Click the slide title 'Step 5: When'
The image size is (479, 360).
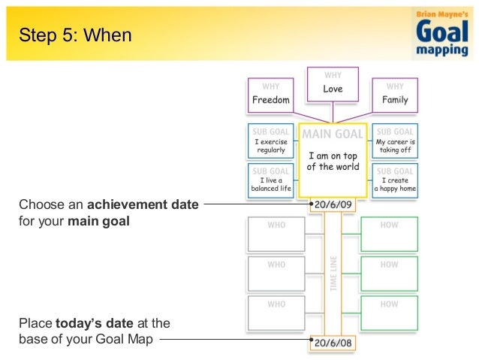pyautogui.click(x=74, y=35)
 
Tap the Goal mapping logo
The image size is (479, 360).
pyautogui.click(x=443, y=33)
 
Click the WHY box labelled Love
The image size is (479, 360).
pyautogui.click(x=333, y=84)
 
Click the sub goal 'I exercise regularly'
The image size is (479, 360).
pyautogui.click(x=270, y=141)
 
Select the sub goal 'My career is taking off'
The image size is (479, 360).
pyautogui.click(x=395, y=141)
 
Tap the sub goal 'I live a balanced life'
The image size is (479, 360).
pyautogui.click(x=270, y=180)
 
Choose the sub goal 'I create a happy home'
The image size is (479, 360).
pyautogui.click(x=395, y=180)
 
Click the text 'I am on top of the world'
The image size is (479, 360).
pyautogui.click(x=333, y=161)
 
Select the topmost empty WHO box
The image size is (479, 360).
pyautogui.click(x=276, y=234)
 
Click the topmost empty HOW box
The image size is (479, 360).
pyautogui.click(x=389, y=234)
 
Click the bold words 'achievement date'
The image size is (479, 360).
pyautogui.click(x=143, y=204)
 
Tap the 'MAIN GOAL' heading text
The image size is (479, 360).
pyautogui.click(x=333, y=134)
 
